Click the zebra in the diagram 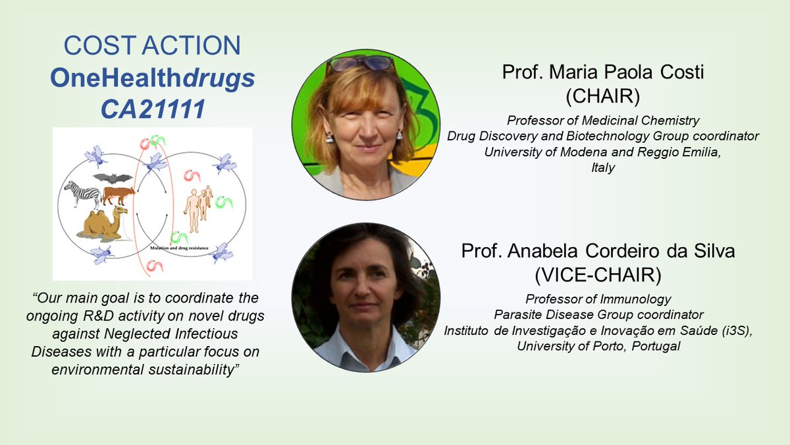coord(82,195)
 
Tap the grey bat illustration coord(112,178)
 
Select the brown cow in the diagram coord(118,195)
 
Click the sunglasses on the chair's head coord(360,63)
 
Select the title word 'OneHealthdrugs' coord(153,78)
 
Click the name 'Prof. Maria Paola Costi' coord(603,73)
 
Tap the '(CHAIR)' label coord(603,97)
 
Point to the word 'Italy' coord(603,167)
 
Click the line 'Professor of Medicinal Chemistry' coord(603,120)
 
